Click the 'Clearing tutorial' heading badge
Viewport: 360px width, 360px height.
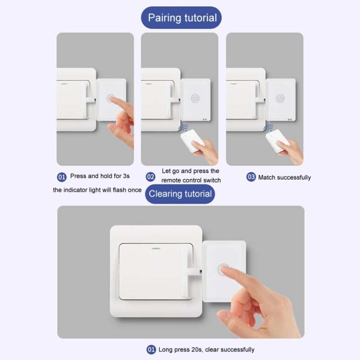pyautogui.click(x=180, y=194)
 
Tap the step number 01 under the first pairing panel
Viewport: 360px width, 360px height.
pyautogui.click(x=61, y=177)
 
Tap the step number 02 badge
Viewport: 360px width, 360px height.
pyautogui.click(x=150, y=177)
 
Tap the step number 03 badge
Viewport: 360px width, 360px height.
pyautogui.click(x=251, y=177)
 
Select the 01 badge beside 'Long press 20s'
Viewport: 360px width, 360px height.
pyautogui.click(x=151, y=349)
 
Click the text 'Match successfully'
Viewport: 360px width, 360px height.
pyautogui.click(x=284, y=178)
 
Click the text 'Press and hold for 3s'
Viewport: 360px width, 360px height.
pyautogui.click(x=100, y=176)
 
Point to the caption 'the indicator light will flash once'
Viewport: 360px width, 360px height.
pyautogui.click(x=97, y=190)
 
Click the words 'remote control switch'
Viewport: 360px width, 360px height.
pyautogui.click(x=191, y=180)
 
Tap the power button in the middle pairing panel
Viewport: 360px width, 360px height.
pyautogui.click(x=195, y=98)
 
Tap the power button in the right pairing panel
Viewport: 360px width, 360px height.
pyautogui.click(x=280, y=98)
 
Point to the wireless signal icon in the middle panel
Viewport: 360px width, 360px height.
pyautogui.click(x=183, y=128)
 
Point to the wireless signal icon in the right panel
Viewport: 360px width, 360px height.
pyautogui.click(x=268, y=128)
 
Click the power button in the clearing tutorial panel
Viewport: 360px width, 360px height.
pyautogui.click(x=223, y=269)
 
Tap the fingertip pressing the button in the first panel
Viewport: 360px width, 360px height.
pyautogui.click(x=112, y=100)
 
